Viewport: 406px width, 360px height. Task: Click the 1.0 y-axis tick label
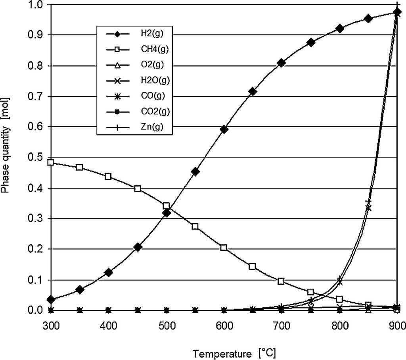tap(37, 5)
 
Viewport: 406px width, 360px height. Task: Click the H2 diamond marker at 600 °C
tap(224, 130)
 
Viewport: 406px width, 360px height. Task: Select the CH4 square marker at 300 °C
tap(51, 162)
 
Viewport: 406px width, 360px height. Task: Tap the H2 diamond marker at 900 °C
tap(397, 12)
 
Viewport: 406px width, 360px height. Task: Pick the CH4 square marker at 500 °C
tap(166, 206)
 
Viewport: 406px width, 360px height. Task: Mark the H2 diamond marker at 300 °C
tap(51, 299)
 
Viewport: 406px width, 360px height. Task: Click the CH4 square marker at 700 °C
tap(281, 281)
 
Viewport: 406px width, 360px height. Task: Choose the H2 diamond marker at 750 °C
tap(310, 42)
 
